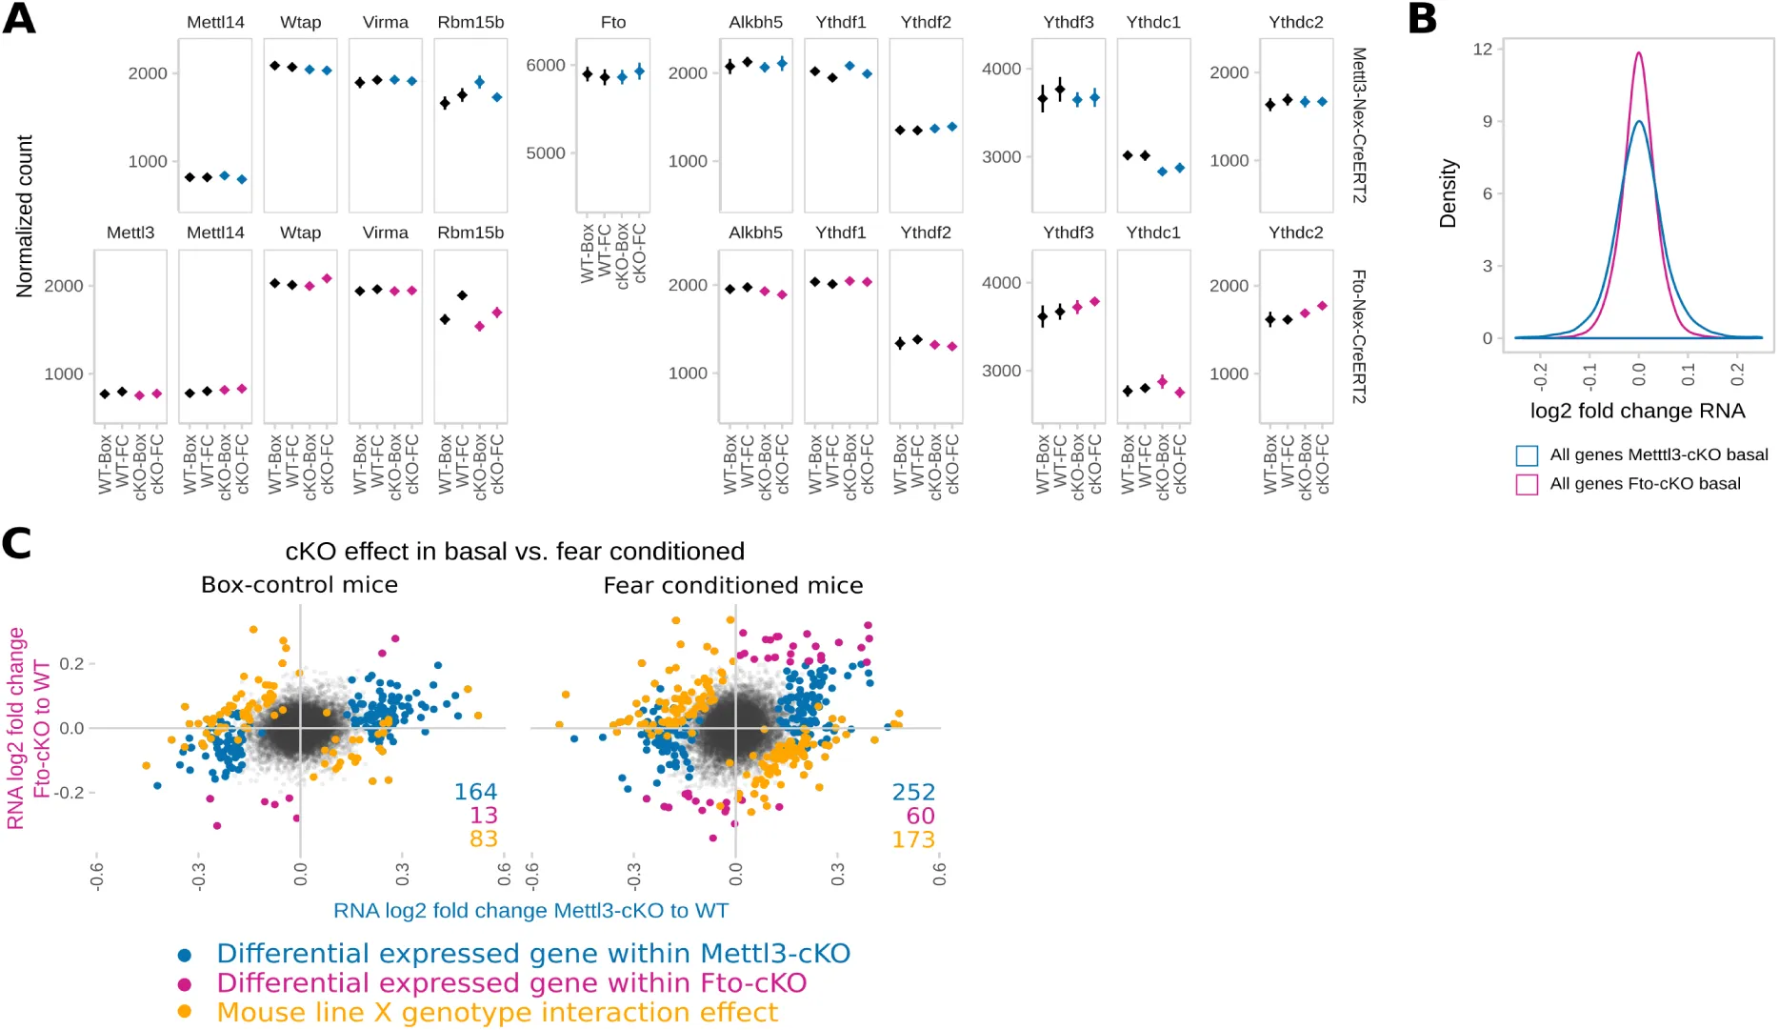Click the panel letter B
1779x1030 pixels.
(1422, 18)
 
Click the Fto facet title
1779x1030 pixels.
(613, 22)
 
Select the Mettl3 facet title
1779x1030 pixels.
(130, 232)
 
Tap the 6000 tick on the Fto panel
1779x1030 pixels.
(546, 65)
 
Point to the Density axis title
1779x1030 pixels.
(1449, 193)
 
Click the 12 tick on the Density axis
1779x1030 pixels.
(1482, 49)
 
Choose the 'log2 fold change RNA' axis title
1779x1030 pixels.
(1637, 411)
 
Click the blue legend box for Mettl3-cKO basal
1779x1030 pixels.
(1527, 455)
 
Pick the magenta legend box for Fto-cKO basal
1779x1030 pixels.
(1527, 484)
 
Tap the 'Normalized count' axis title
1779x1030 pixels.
(25, 216)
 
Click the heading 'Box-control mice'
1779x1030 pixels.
(299, 585)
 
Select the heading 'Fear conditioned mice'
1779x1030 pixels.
(733, 585)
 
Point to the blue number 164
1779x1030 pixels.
(475, 792)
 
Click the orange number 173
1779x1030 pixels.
(913, 839)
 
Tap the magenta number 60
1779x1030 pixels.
(920, 816)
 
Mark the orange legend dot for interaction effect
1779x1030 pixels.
(185, 1012)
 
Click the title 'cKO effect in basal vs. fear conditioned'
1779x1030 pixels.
(514, 552)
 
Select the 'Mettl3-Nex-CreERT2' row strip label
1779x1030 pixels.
(1359, 125)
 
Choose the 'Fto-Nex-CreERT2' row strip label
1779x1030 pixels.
(1359, 336)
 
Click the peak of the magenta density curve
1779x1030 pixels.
(1639, 53)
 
